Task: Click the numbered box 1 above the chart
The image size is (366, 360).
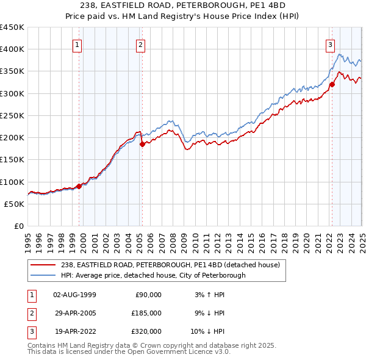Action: pos(78,44)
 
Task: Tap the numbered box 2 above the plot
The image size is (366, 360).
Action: pos(141,44)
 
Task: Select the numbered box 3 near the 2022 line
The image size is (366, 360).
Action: pos(330,44)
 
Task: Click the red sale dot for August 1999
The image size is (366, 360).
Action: pos(79,186)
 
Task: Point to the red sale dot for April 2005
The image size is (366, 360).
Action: pos(142,145)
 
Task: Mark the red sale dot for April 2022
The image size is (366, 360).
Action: pos(332,85)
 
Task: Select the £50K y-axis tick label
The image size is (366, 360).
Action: pos(15,204)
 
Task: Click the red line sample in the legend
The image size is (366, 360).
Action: pos(43,265)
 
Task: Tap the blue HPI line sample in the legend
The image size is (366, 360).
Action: pos(43,275)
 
